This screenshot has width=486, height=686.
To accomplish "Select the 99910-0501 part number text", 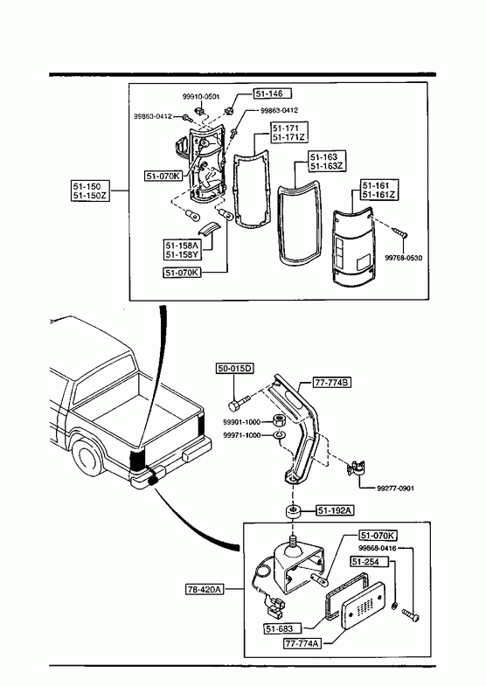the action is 201,97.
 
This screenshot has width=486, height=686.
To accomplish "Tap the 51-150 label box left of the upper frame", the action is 90,191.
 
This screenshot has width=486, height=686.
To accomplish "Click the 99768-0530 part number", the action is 403,258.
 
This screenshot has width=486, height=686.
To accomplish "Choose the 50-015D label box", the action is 235,369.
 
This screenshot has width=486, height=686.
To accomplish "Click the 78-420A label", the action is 205,589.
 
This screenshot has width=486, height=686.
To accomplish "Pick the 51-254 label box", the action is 369,561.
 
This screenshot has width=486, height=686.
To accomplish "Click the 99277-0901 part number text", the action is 395,489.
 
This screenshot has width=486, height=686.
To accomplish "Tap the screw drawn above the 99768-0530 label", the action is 399,232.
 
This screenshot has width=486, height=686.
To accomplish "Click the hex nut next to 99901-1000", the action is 278,421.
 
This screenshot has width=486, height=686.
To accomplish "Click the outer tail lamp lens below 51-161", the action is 353,249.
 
